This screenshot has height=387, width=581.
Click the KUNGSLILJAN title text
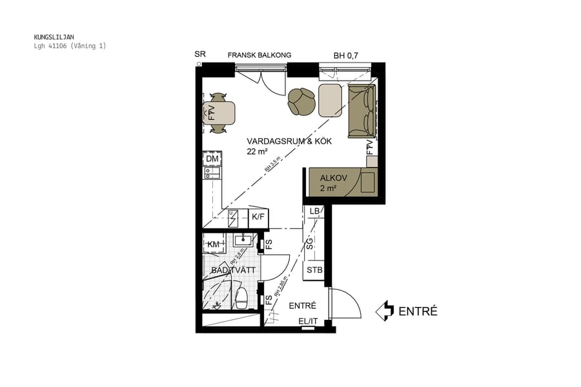click(56, 37)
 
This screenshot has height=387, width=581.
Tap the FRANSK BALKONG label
click(259, 55)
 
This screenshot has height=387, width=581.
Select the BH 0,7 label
click(345, 56)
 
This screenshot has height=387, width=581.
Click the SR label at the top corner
click(200, 55)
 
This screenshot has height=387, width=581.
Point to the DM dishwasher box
click(212, 159)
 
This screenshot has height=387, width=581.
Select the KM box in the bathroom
click(212, 244)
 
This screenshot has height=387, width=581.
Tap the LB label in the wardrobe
click(314, 212)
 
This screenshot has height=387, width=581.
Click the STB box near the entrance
click(314, 270)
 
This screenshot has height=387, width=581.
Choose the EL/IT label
click(307, 320)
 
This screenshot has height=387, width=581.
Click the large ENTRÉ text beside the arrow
click(418, 312)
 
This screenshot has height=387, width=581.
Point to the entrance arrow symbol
click(385, 311)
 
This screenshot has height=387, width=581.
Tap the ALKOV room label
click(333, 178)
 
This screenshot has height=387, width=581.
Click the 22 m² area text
click(257, 152)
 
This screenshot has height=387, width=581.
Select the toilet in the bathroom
click(241, 299)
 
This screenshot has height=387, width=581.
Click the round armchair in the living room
click(301, 101)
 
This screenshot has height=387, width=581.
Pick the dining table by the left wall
click(219, 114)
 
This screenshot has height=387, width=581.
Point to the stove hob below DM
click(211, 172)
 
